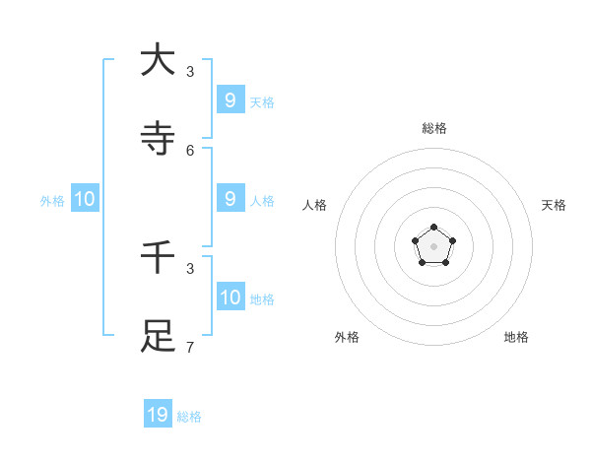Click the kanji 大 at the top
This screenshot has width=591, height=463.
(x=158, y=60)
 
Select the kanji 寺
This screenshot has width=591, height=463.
(x=158, y=139)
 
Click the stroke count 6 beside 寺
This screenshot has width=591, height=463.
(x=190, y=150)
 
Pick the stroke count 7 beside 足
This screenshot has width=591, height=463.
(x=190, y=347)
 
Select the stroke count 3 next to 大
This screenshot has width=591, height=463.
(x=190, y=71)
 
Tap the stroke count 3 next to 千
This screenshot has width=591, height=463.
(x=190, y=268)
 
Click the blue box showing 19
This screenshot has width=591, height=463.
(x=158, y=415)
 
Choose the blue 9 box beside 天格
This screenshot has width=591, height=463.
(x=230, y=99)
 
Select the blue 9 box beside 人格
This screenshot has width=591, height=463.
(x=230, y=198)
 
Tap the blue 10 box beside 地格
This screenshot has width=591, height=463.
(x=230, y=297)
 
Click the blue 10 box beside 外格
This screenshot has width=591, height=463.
(x=85, y=198)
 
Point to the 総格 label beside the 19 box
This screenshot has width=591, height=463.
(x=189, y=417)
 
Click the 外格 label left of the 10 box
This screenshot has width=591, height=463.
(x=52, y=201)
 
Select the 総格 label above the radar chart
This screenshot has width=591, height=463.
(x=433, y=128)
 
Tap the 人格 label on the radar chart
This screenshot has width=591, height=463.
(x=314, y=205)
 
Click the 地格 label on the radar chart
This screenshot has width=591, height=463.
(x=516, y=337)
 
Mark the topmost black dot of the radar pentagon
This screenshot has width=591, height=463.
(x=433, y=228)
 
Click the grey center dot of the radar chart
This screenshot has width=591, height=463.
(x=433, y=246)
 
